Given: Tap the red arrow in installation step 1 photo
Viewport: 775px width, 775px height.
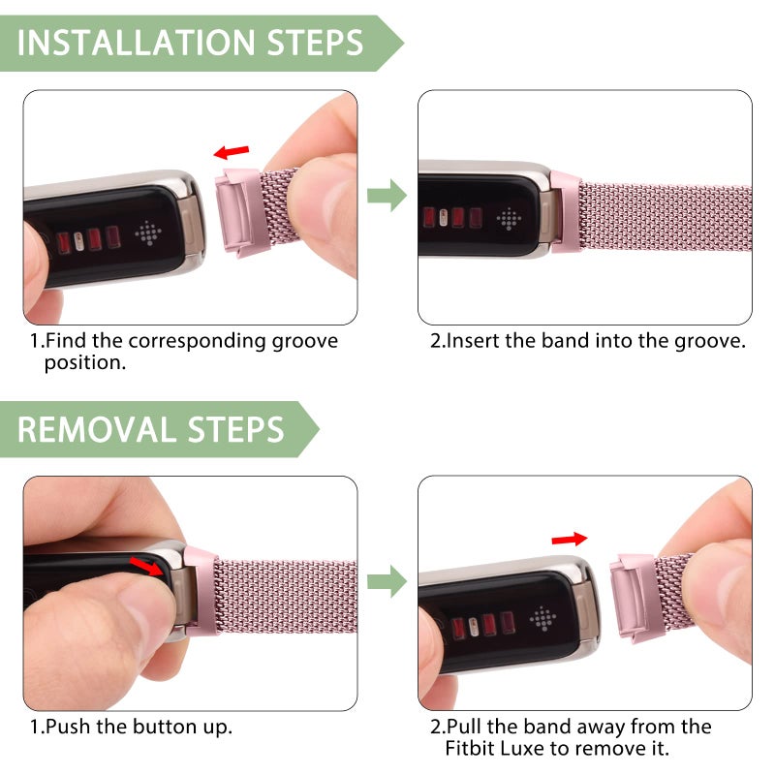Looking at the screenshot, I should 232,151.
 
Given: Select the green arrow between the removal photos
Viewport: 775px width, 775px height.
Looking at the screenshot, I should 387,582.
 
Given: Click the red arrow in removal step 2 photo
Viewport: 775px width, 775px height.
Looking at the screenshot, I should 569,538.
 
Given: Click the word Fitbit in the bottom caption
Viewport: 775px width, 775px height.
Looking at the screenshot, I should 475,749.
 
